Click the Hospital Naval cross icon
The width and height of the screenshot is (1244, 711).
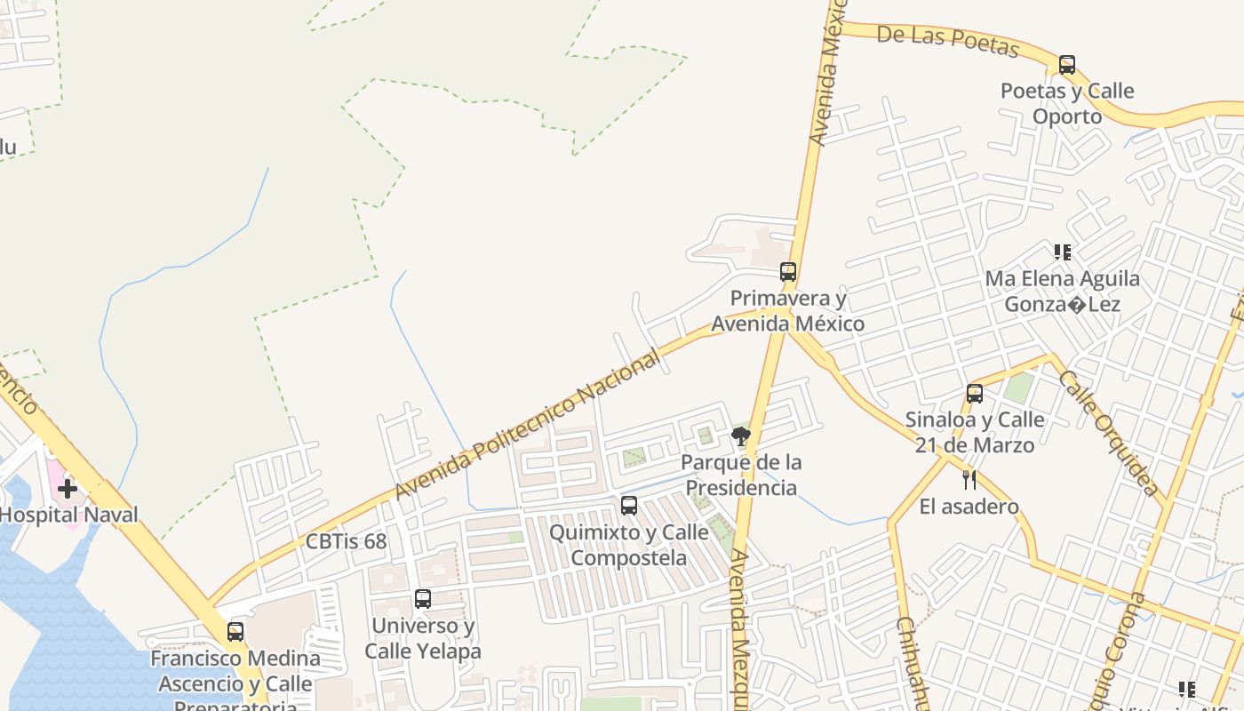(68, 488)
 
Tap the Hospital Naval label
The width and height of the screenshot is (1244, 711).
(69, 515)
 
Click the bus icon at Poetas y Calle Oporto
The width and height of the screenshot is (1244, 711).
(1066, 65)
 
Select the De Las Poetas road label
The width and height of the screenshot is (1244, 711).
(947, 40)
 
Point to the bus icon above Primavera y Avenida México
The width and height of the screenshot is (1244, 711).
(788, 272)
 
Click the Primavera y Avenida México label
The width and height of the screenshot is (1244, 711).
(787, 311)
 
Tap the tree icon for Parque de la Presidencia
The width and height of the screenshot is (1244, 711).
(740, 435)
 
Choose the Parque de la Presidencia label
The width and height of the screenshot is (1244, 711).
(741, 475)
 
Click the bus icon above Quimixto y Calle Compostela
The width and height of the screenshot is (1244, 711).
(629, 506)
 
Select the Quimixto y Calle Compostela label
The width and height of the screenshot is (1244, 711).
(629, 545)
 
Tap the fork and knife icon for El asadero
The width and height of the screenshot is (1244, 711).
(969, 480)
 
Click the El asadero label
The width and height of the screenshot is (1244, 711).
(969, 507)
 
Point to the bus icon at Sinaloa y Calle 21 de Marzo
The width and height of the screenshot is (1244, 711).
(975, 393)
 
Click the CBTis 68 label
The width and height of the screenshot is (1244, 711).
(346, 541)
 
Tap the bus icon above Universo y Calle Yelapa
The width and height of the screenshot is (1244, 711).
(423, 599)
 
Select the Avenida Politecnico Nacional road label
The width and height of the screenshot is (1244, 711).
(529, 424)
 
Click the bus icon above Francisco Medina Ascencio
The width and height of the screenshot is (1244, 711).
(235, 632)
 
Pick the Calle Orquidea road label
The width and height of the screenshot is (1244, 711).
(1109, 433)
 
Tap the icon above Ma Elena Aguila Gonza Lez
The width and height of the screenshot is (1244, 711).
(1062, 252)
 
